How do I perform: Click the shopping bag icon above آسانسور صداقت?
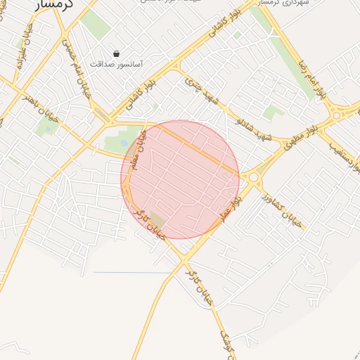[x=116, y=53]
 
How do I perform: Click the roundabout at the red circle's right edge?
[x=252, y=177]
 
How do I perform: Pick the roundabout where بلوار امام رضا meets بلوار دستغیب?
[x=340, y=112]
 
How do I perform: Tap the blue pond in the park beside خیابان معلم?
[x=124, y=143]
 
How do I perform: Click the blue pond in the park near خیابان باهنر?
[x=49, y=127]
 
